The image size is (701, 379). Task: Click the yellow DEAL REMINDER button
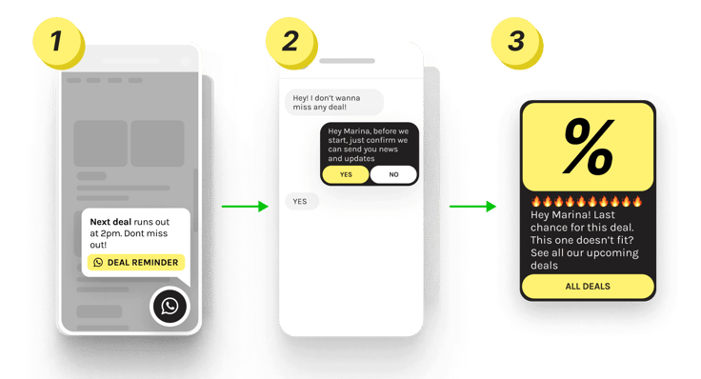click(x=135, y=262)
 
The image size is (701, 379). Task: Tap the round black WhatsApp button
click(x=170, y=306)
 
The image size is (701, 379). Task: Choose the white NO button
click(x=393, y=174)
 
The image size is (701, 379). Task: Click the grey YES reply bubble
click(x=301, y=201)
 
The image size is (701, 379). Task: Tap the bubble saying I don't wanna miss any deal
click(x=334, y=101)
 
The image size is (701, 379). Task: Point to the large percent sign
click(x=588, y=146)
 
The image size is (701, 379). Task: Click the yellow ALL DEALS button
click(x=588, y=286)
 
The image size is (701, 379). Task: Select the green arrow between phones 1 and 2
click(x=245, y=205)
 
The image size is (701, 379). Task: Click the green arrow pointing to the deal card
click(x=473, y=205)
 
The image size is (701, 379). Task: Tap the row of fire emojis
click(x=587, y=202)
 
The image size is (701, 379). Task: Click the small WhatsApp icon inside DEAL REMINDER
click(x=98, y=262)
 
